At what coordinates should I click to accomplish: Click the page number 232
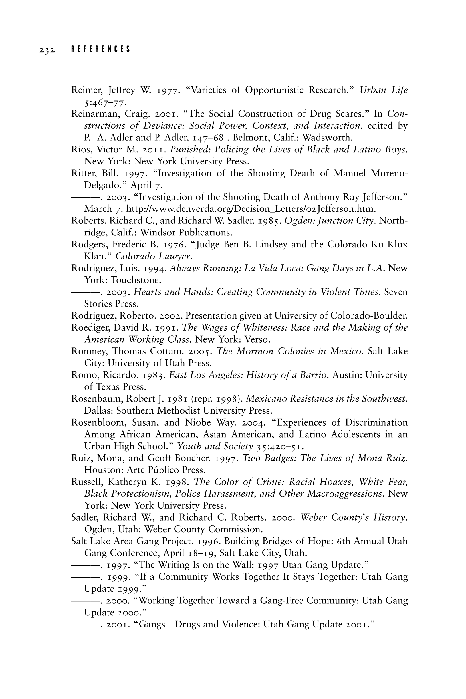coord(47,50)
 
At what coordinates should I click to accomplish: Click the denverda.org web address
coord(251,209)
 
